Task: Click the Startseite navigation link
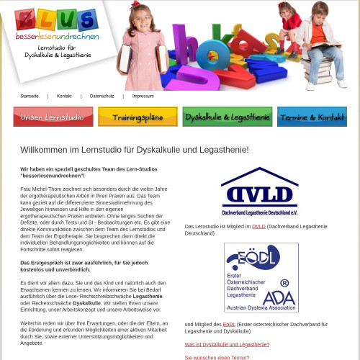coord(30,96)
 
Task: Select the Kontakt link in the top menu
coord(64,96)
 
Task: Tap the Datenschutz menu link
coord(102,96)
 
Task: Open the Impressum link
coord(143,96)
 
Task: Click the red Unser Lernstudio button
coord(53,117)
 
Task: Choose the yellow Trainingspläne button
coord(138,117)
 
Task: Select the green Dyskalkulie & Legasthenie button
coord(227,117)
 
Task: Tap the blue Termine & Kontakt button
coord(312,117)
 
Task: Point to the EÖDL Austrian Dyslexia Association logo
coord(261,277)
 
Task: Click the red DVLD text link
coord(258,227)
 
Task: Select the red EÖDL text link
coord(228,325)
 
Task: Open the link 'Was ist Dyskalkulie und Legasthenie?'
coord(228,344)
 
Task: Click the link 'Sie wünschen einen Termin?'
coord(217,357)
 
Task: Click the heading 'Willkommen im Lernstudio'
coord(135,150)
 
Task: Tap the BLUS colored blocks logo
coord(56,19)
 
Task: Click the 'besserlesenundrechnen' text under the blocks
coord(57,35)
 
